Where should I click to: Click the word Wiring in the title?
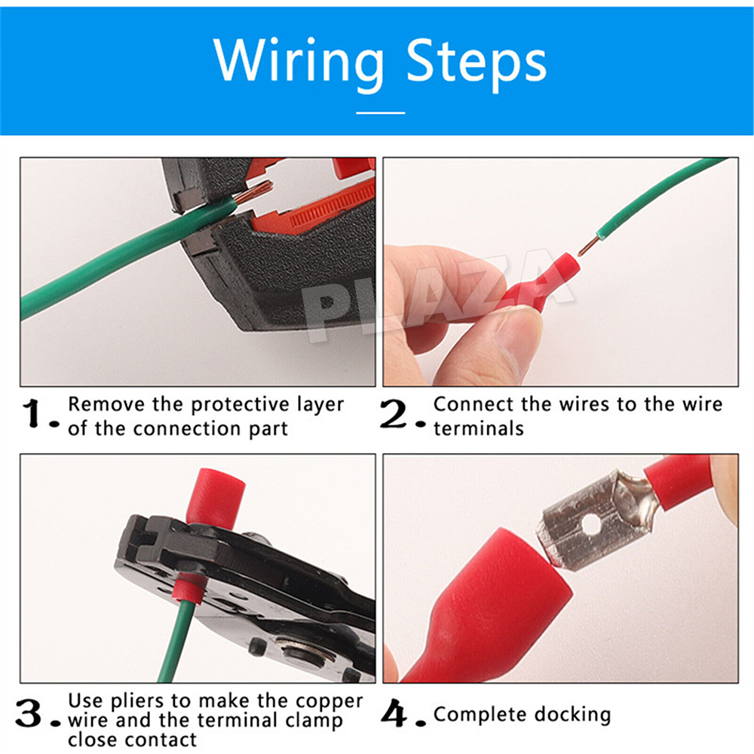298,63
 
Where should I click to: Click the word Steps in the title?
477,63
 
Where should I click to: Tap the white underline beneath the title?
380,112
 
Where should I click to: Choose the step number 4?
394,713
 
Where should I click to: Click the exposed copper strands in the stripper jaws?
254,191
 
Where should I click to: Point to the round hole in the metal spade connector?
591,525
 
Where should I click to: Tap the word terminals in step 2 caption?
479,428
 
